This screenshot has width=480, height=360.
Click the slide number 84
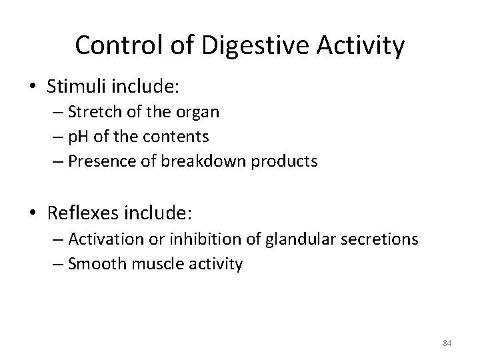tap(447, 343)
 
